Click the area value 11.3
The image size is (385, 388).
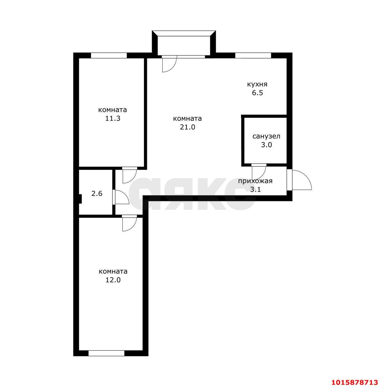pyautogui.click(x=113, y=119)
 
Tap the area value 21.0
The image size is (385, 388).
pyautogui.click(x=187, y=127)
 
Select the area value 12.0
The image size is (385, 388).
pyautogui.click(x=113, y=280)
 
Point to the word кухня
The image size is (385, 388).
pyautogui.click(x=257, y=84)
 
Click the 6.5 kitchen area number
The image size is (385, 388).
pyautogui.click(x=257, y=93)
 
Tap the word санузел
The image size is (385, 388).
pyautogui.click(x=266, y=136)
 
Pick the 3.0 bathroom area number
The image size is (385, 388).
pyautogui.click(x=266, y=145)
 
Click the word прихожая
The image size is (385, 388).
pyautogui.click(x=255, y=181)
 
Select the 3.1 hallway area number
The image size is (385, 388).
pyautogui.click(x=255, y=190)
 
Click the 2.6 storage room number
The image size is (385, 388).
pyautogui.click(x=97, y=193)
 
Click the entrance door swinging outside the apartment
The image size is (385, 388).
pyautogui.click(x=301, y=180)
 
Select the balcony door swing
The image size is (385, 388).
pyautogui.click(x=169, y=64)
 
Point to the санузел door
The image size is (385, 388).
pyautogui.click(x=259, y=172)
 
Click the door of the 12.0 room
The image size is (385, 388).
pyautogui.click(x=129, y=224)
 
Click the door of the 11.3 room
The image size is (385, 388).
pyautogui.click(x=129, y=175)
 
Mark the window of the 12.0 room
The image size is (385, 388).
pyautogui.click(x=106, y=353)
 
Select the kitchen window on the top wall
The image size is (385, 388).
pyautogui.click(x=253, y=55)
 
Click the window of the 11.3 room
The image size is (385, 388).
pyautogui.click(x=108, y=55)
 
